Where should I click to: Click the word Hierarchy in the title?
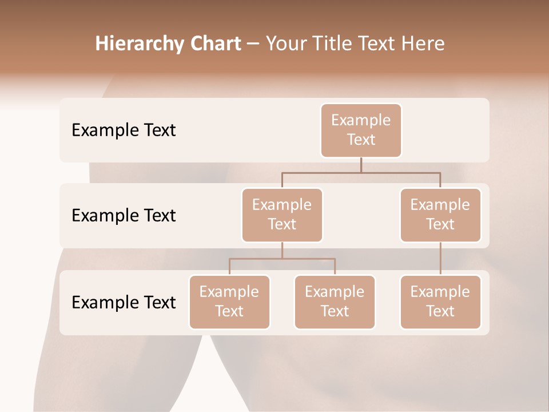(132, 43)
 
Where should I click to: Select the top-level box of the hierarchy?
(361, 130)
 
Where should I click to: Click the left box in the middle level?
(282, 215)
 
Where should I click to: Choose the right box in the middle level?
(440, 215)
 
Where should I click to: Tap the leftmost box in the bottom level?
(229, 302)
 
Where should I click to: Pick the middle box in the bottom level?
(335, 302)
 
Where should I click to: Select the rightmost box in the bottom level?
(440, 302)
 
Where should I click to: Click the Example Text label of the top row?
(124, 130)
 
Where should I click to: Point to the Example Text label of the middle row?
(124, 215)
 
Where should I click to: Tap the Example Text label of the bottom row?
(124, 302)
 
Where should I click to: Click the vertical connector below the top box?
(361, 165)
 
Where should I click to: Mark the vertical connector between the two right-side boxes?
(440, 258)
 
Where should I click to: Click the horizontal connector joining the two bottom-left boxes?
(282, 259)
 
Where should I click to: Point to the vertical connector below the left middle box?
(282, 250)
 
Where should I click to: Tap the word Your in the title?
(285, 43)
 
